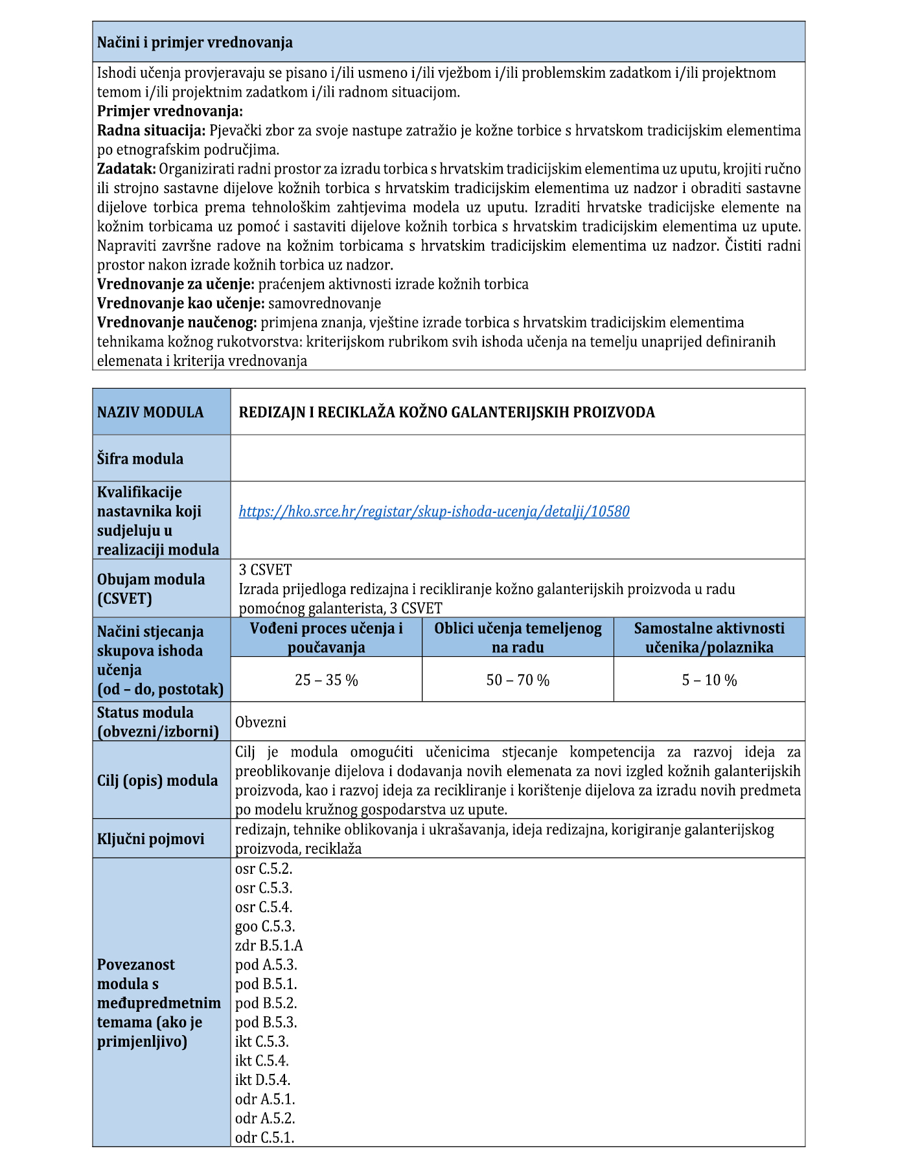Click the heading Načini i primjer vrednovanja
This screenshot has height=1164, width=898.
pyautogui.click(x=195, y=43)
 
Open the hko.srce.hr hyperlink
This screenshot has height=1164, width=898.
pyautogui.click(x=434, y=512)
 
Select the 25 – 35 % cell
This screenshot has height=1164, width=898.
pyautogui.click(x=326, y=680)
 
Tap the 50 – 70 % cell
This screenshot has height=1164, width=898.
pyautogui.click(x=518, y=680)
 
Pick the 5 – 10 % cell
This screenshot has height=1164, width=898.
pyautogui.click(x=709, y=680)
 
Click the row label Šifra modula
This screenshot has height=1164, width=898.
pyautogui.click(x=140, y=459)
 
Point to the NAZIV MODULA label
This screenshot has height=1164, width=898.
pyautogui.click(x=150, y=413)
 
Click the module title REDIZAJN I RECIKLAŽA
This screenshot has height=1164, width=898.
pyautogui.click(x=446, y=413)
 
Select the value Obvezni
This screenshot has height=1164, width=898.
pyautogui.click(x=260, y=722)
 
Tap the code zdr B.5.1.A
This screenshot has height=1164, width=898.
pyautogui.click(x=269, y=946)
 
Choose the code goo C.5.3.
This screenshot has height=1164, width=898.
pyautogui.click(x=265, y=927)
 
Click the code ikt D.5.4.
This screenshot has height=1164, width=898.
pyautogui.click(x=262, y=1080)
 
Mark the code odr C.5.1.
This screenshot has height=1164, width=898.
pyautogui.click(x=264, y=1137)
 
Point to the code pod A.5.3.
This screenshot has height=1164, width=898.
pyautogui.click(x=266, y=965)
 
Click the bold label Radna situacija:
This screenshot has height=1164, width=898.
pyautogui.click(x=151, y=131)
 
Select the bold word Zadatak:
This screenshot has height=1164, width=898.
pyautogui.click(x=126, y=169)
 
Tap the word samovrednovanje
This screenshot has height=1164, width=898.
pyautogui.click(x=325, y=303)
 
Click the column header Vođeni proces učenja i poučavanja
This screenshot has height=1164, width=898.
pyautogui.click(x=326, y=637)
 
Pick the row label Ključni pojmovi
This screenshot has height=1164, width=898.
pyautogui.click(x=150, y=839)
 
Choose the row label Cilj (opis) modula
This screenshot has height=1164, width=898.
pyautogui.click(x=157, y=781)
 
